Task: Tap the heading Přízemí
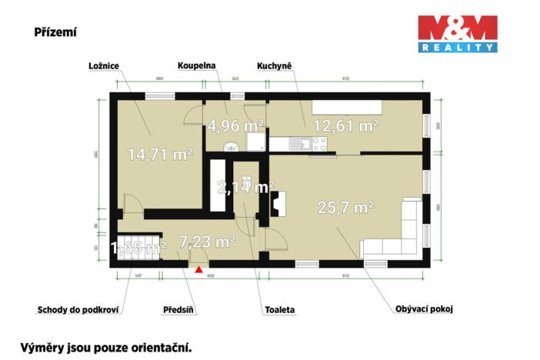(x=55, y=33)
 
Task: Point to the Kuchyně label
(x=273, y=66)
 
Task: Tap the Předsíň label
(x=178, y=311)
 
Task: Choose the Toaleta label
(x=279, y=311)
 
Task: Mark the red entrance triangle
(x=200, y=270)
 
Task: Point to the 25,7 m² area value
(x=345, y=206)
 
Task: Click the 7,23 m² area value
(x=207, y=242)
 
